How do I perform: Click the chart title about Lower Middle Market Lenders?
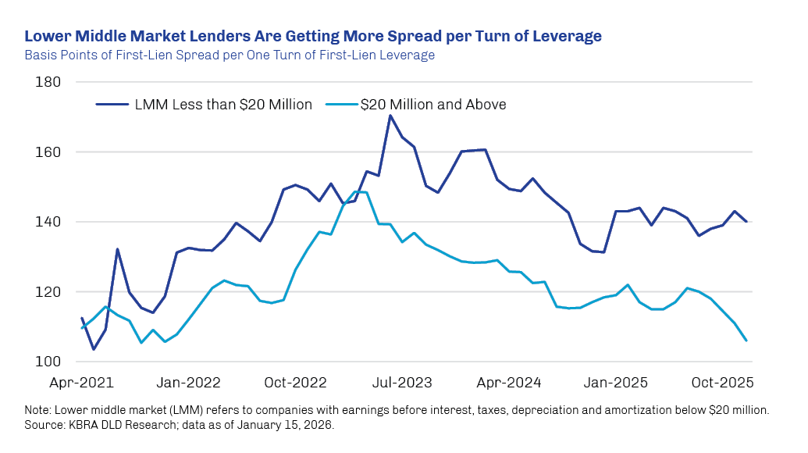pos(313,37)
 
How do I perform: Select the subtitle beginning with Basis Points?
pos(230,55)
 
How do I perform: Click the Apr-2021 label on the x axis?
pos(81,383)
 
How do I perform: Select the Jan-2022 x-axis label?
pos(188,383)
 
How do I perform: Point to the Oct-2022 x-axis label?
pos(295,383)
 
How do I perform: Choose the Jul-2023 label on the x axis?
pos(401,383)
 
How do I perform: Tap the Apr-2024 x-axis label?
pos(509,383)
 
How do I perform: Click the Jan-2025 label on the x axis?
pos(616,383)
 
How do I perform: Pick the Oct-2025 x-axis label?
pos(722,383)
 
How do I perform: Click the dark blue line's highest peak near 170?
pos(390,116)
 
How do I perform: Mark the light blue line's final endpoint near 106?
pos(746,341)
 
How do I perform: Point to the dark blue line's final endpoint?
pos(746,222)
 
